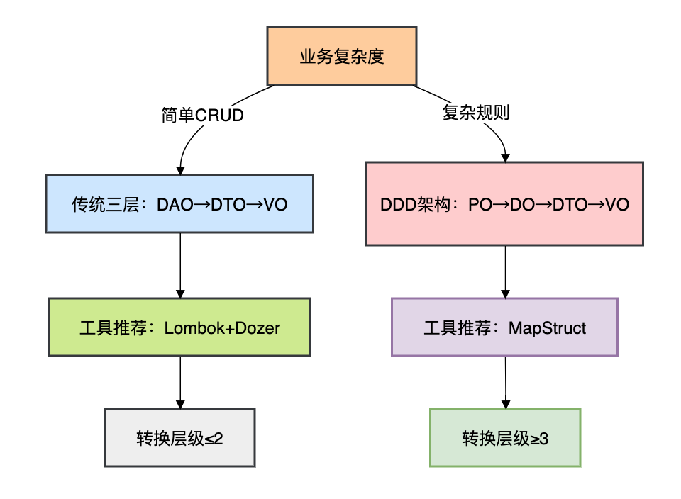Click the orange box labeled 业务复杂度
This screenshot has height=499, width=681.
342,56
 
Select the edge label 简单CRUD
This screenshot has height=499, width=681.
203,115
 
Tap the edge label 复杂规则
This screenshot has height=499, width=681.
476,113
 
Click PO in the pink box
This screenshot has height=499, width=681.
479,205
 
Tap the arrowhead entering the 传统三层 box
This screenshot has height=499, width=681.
180,170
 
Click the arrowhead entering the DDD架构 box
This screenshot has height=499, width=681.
505,157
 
